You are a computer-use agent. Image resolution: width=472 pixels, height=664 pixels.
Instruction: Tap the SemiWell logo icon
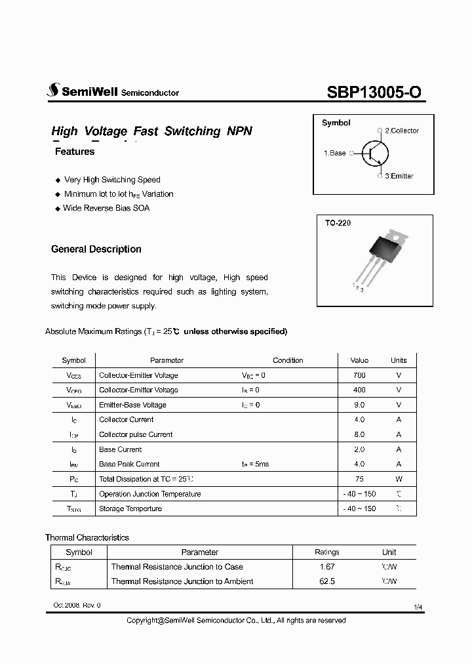click(52, 92)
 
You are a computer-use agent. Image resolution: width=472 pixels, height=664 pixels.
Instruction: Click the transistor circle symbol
click(375, 154)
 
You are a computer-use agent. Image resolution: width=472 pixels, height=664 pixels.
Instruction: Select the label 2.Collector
click(401, 131)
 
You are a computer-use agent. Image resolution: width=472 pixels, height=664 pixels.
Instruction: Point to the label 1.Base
click(334, 153)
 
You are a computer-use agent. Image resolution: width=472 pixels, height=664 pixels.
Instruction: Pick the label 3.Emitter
click(399, 176)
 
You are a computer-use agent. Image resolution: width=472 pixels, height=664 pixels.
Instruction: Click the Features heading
click(75, 152)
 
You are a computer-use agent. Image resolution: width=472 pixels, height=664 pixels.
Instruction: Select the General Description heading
click(96, 249)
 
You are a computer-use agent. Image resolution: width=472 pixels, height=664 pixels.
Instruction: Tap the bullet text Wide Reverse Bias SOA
click(106, 208)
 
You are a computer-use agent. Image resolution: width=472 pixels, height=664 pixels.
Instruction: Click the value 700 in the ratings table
click(359, 375)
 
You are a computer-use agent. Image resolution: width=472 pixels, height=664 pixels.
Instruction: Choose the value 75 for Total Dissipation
click(359, 479)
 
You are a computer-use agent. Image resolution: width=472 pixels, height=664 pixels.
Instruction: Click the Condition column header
click(288, 360)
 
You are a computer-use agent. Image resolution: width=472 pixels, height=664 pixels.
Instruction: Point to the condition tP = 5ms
click(255, 464)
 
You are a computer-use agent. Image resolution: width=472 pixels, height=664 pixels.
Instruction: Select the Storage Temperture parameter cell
click(130, 508)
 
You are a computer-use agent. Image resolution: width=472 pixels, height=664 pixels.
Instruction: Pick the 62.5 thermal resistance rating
click(326, 581)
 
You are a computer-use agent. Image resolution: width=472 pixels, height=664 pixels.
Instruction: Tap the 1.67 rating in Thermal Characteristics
click(326, 567)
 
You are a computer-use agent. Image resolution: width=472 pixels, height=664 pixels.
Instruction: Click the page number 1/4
click(418, 608)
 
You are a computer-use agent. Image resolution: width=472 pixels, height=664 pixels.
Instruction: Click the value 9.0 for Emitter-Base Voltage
click(359, 405)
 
